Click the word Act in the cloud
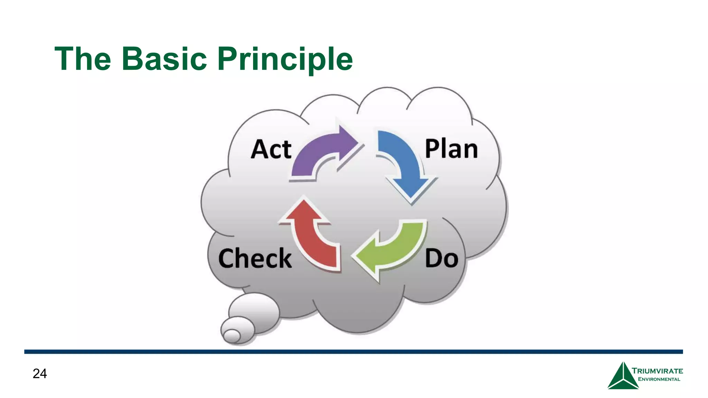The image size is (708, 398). (x=271, y=149)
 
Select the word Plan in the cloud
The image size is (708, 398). (x=451, y=149)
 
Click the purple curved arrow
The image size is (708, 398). (x=322, y=152)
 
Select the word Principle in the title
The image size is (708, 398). (x=285, y=59)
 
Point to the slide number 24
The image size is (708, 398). (x=40, y=373)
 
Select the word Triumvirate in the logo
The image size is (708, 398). (x=657, y=371)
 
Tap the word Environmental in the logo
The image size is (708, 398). (x=659, y=379)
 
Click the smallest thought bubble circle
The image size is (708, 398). (x=232, y=335)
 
